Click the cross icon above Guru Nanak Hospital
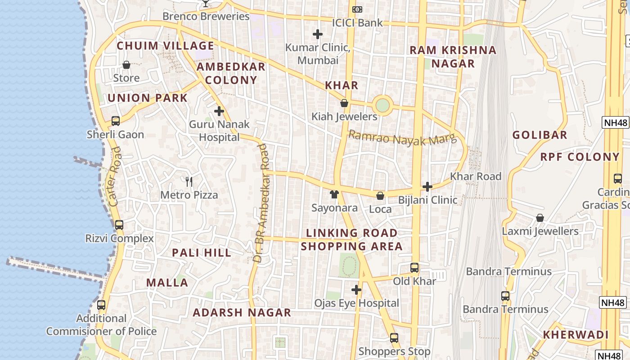click(x=219, y=111)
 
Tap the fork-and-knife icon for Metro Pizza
click(x=189, y=182)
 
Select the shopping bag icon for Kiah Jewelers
click(x=344, y=103)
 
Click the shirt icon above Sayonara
click(x=334, y=194)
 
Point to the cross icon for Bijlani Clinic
click(x=427, y=187)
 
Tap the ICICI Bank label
click(x=357, y=22)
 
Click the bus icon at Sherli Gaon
click(x=116, y=121)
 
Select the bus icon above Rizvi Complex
click(x=119, y=225)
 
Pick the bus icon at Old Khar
click(x=414, y=268)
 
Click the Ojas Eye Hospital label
click(x=357, y=303)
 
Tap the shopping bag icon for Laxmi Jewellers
click(x=540, y=218)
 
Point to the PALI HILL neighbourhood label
click(x=202, y=253)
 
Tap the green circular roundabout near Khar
click(x=382, y=106)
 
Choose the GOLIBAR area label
click(x=540, y=135)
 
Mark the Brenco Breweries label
click(x=206, y=17)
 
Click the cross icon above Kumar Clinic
click(x=318, y=34)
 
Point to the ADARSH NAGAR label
click(x=242, y=313)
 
